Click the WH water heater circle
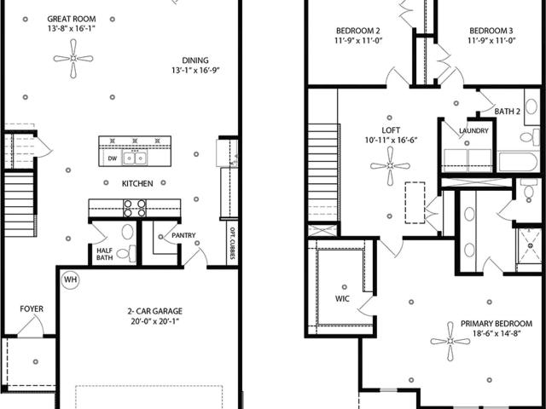pyautogui.click(x=70, y=279)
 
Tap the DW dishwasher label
pyautogui.click(x=112, y=158)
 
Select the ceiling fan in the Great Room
pyautogui.click(x=73, y=59)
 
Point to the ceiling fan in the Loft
pyautogui.click(x=390, y=166)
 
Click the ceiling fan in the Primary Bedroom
pyautogui.click(x=450, y=342)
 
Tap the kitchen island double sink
pyautogui.click(x=135, y=158)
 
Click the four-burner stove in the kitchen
pyautogui.click(x=135, y=208)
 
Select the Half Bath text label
pyautogui.click(x=104, y=254)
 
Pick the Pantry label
pyautogui.click(x=183, y=235)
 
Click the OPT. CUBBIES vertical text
pyautogui.click(x=232, y=244)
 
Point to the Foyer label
pyautogui.click(x=32, y=308)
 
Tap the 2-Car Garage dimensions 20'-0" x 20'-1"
pyautogui.click(x=155, y=321)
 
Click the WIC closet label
pyautogui.click(x=342, y=299)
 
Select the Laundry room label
pyautogui.click(x=473, y=130)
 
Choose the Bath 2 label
pyautogui.click(x=508, y=112)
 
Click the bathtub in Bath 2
pyautogui.click(x=518, y=162)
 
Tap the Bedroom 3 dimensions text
pyautogui.click(x=491, y=41)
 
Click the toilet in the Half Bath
pyautogui.click(x=126, y=253)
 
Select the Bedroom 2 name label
pyautogui.click(x=358, y=31)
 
